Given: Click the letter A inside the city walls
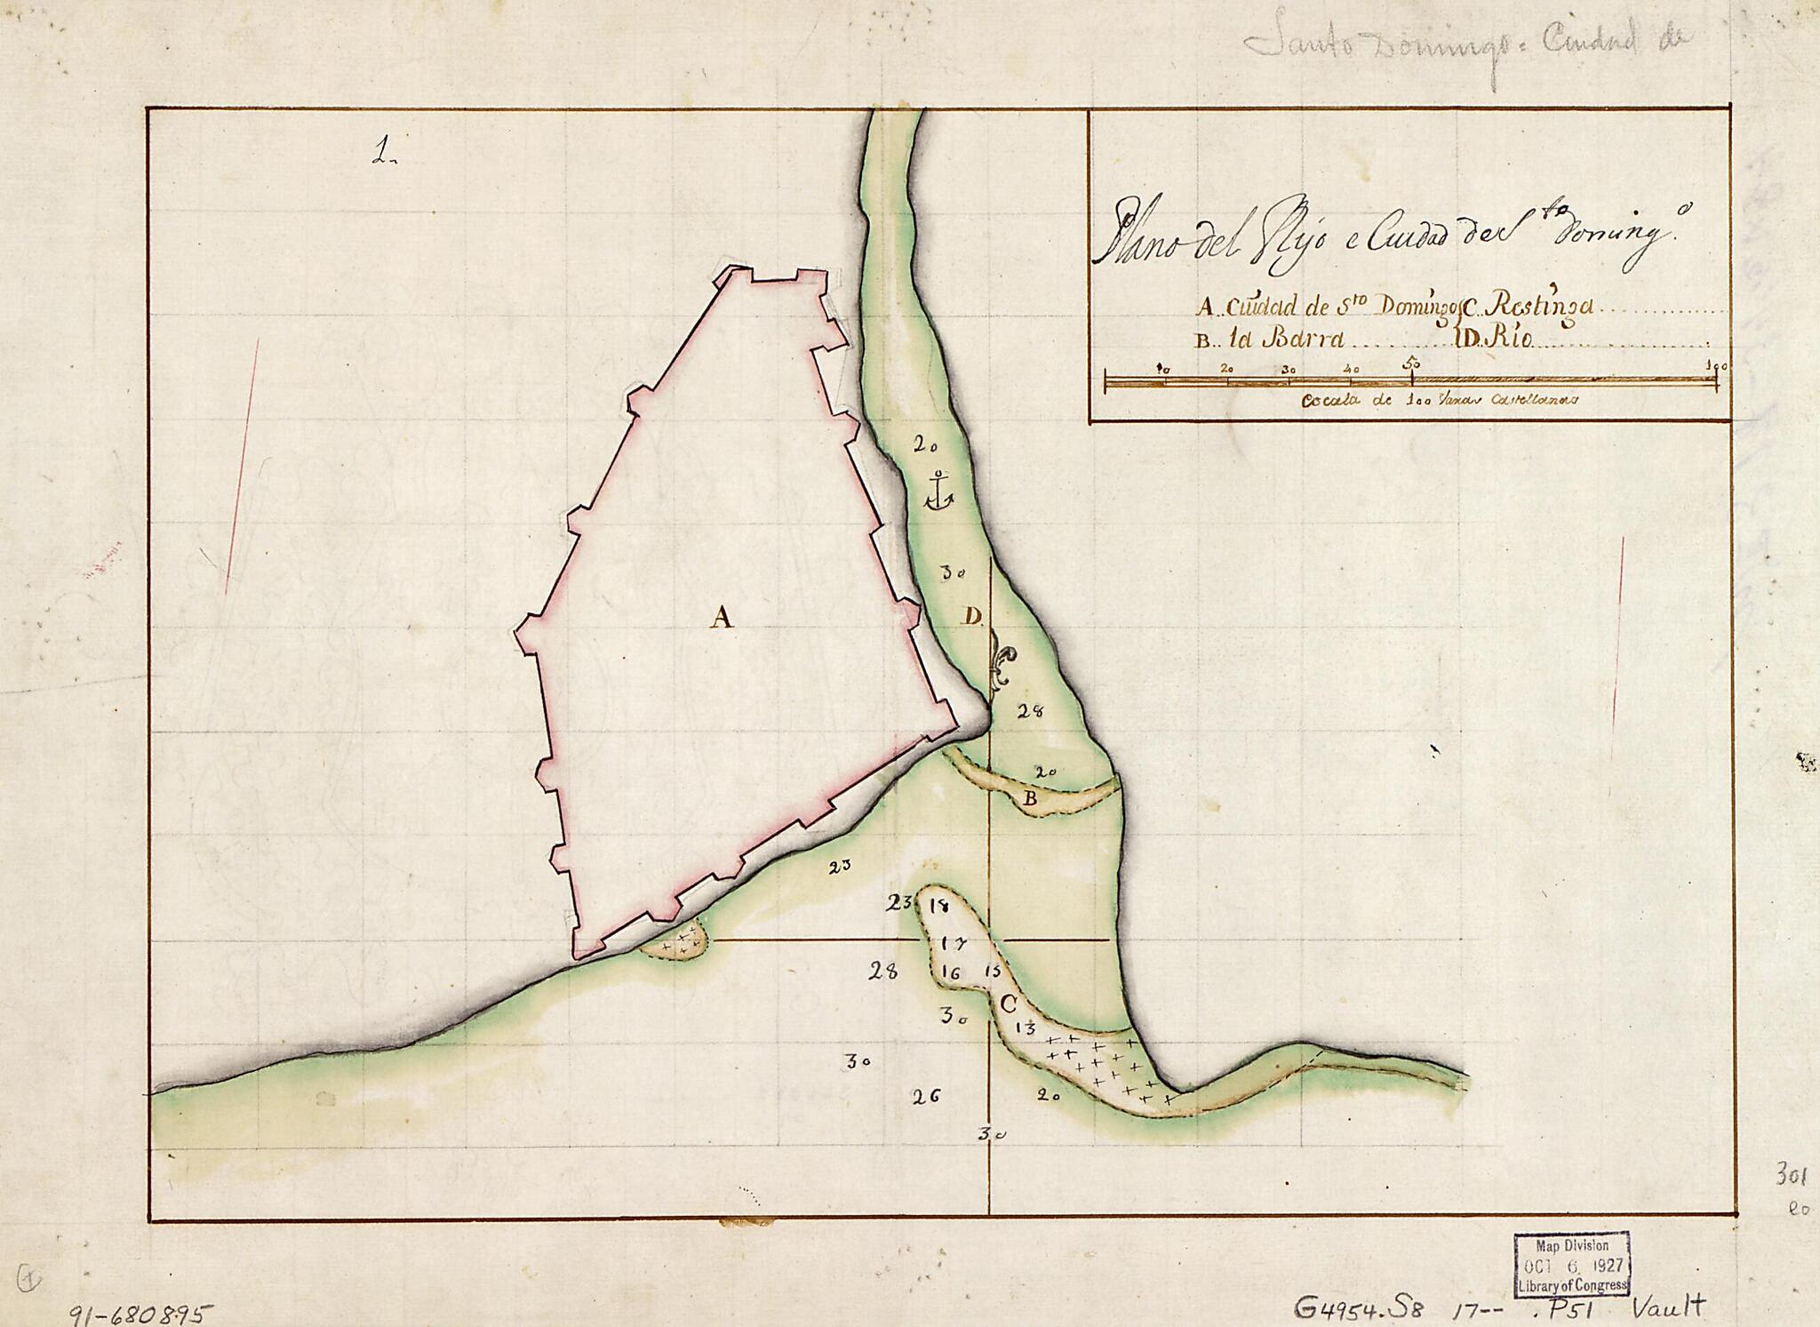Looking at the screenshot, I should pyautogui.click(x=722, y=616).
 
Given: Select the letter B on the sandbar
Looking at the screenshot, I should pyautogui.click(x=1030, y=799).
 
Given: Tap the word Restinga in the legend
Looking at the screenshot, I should pyautogui.click(x=1544, y=306).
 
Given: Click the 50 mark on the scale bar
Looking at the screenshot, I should pyautogui.click(x=1410, y=364).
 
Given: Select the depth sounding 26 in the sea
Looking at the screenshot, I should pyautogui.click(x=926, y=1095).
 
